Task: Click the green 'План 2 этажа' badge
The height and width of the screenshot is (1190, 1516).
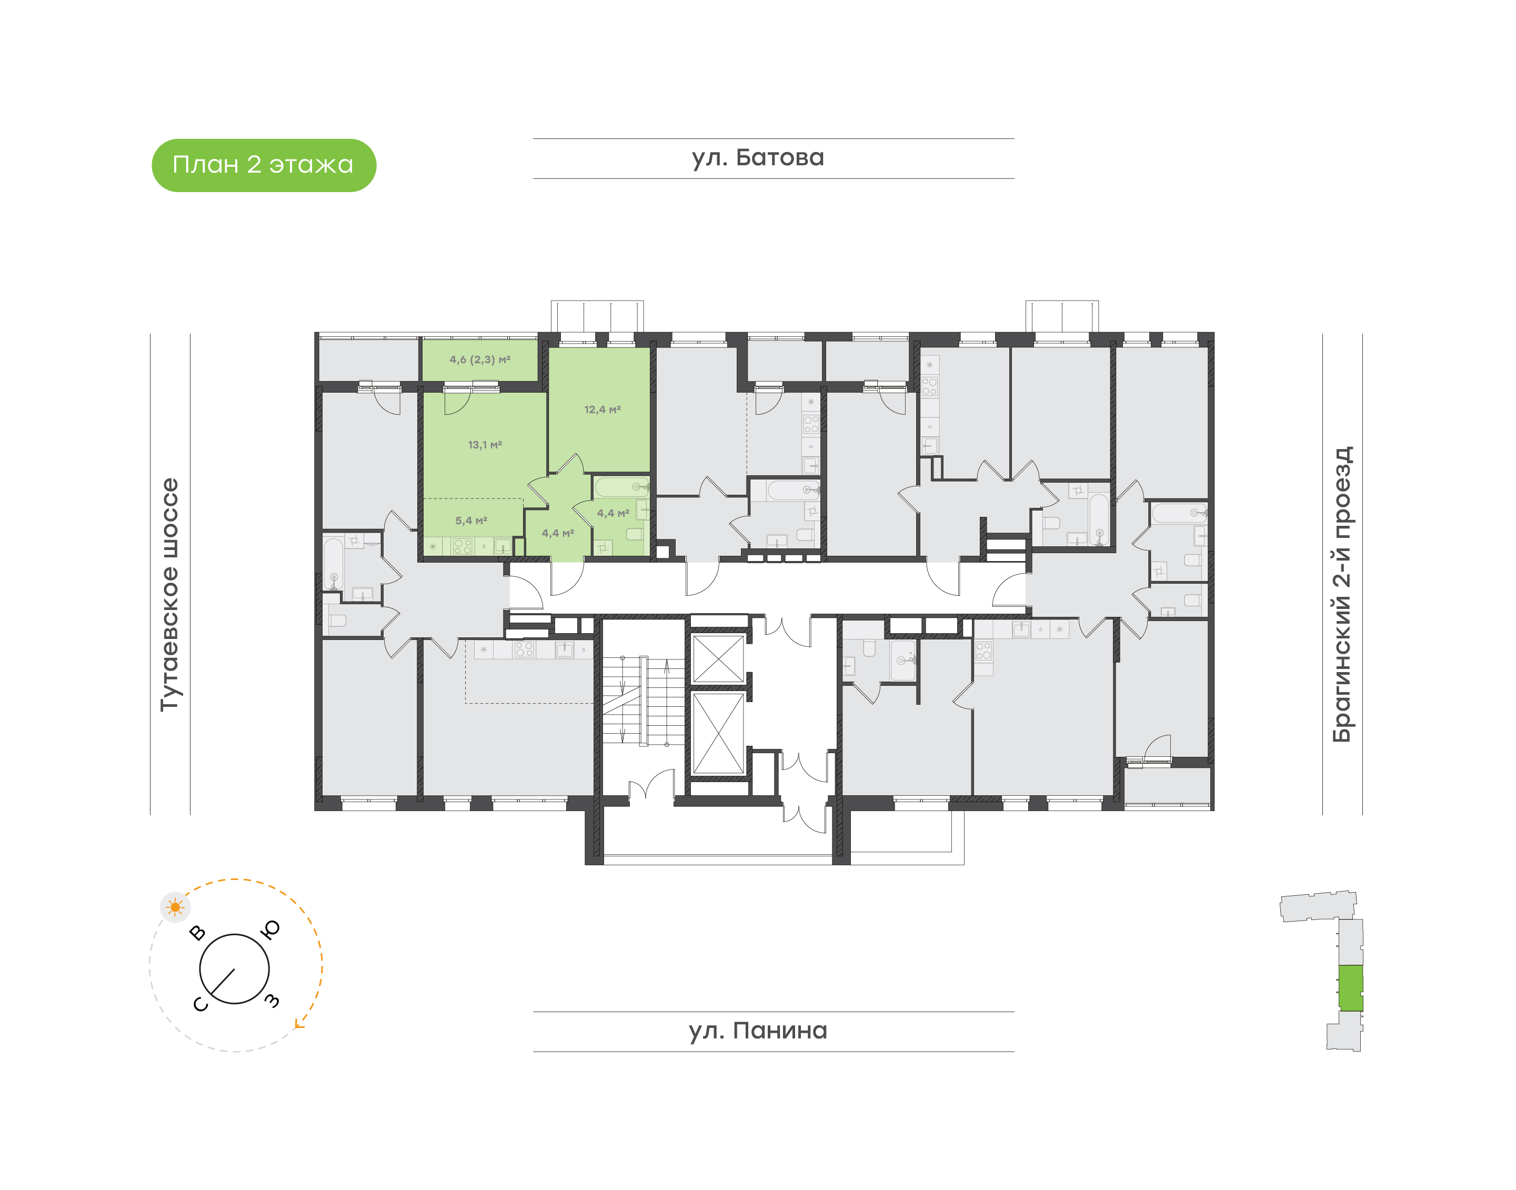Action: click(264, 165)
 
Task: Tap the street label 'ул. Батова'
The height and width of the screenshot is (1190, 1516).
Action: click(758, 158)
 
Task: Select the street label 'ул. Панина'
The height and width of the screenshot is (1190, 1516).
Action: click(758, 1031)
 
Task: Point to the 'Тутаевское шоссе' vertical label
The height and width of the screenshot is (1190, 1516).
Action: click(170, 594)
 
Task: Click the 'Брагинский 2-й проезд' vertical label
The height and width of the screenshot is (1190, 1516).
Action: click(1342, 594)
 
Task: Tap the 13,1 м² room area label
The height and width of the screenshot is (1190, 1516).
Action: click(485, 445)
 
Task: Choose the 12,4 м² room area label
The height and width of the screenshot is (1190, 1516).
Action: click(603, 409)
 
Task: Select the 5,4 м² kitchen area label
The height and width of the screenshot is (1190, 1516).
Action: click(471, 521)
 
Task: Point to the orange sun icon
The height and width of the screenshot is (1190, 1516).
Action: click(175, 908)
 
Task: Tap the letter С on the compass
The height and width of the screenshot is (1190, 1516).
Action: click(200, 1004)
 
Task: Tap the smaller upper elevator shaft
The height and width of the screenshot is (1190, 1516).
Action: click(718, 658)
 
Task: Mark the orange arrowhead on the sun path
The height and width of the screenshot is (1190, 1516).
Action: click(299, 1024)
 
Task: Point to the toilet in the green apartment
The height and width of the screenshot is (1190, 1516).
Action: click(635, 534)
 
